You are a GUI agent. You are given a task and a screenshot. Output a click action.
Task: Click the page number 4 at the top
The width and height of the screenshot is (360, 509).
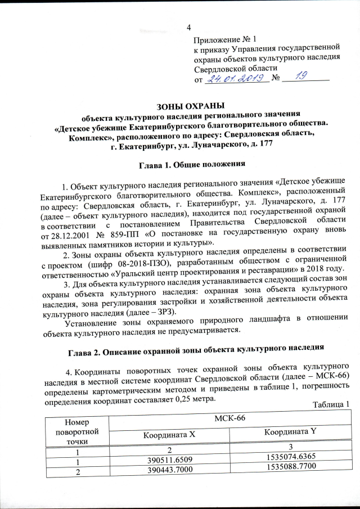click(188, 28)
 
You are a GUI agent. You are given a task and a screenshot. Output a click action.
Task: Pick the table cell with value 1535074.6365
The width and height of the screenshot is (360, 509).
click(290, 458)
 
